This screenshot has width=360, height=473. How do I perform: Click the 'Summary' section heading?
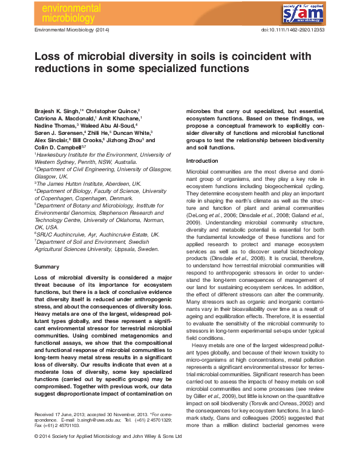coord(47,266)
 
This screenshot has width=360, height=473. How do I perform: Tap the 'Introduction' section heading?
coord(202,161)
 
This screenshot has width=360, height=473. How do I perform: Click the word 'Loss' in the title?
coord(49,56)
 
